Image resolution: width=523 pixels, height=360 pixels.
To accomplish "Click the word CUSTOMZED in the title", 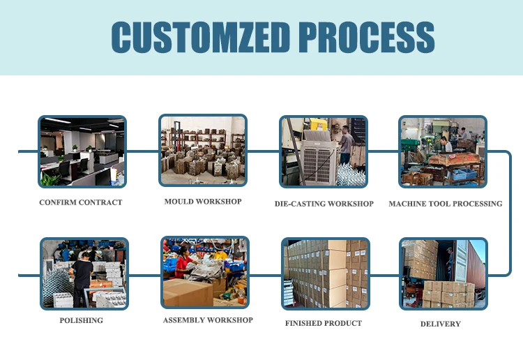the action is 200,37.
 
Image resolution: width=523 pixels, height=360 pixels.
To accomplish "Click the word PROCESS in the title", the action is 366,37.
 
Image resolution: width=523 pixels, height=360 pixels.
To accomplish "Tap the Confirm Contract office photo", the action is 82,151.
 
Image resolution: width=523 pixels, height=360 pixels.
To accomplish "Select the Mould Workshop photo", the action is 203,151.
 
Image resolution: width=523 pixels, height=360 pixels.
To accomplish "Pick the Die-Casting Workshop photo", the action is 324,151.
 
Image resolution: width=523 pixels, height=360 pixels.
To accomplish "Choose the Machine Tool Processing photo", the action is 443,151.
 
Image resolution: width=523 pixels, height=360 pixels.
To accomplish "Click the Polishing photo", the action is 84,273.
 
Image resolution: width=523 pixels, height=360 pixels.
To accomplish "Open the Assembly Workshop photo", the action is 205,273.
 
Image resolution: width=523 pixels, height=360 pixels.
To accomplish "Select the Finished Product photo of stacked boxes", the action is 326,273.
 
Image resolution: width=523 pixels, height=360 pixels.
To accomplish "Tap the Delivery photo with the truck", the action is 444,273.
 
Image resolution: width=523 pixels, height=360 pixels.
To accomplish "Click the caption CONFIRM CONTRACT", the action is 81,202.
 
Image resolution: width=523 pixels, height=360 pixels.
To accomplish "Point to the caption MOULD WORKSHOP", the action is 203,202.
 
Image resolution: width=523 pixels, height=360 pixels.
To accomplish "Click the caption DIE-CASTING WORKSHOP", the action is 324,204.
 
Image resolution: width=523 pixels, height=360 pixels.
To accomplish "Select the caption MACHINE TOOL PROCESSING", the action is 446,204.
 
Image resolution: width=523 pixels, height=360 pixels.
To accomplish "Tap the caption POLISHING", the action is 81,320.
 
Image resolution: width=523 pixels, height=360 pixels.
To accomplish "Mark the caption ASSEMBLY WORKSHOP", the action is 208,320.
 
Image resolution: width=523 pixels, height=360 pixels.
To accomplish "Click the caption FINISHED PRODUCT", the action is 323,323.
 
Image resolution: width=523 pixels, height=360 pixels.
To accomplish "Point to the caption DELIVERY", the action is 440,324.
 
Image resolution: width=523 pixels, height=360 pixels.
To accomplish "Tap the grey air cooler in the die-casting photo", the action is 318,158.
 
